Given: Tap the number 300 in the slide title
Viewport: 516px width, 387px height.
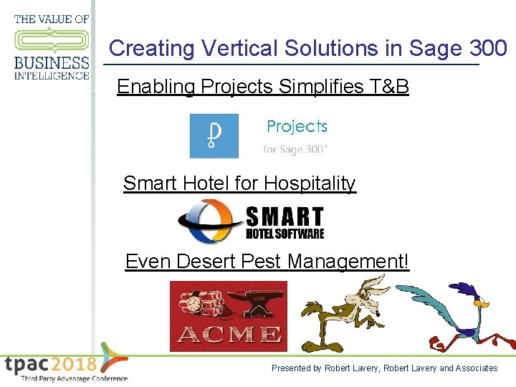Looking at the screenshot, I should point(488,49).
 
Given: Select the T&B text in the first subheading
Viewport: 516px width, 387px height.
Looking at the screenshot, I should point(390,87).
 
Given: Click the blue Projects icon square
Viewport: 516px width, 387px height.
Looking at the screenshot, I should point(214,135).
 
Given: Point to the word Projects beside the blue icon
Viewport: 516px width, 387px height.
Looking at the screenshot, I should point(297,127).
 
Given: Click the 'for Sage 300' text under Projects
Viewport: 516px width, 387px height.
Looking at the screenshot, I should point(295,150).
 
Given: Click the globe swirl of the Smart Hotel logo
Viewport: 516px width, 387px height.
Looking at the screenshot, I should point(209,222).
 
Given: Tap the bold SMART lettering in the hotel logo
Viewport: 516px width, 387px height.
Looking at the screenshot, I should point(285,217).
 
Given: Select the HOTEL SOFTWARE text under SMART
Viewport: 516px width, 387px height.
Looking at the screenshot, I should point(285,234).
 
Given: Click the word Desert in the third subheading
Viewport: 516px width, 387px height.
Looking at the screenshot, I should point(207,261).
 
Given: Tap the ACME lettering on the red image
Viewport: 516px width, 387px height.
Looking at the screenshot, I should point(229,334).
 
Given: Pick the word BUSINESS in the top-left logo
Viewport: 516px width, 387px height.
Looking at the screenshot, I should point(52,63).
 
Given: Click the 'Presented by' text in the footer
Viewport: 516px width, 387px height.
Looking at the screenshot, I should point(296,368).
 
